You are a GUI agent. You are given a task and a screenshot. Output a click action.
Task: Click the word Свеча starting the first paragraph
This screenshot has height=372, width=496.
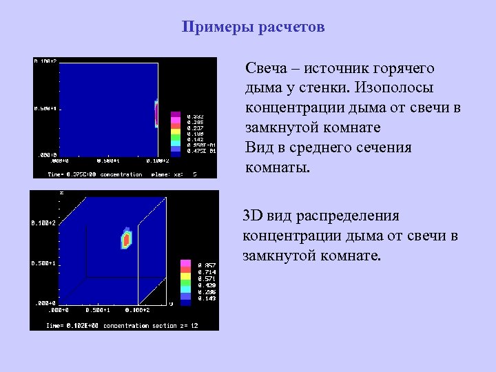tap(266, 69)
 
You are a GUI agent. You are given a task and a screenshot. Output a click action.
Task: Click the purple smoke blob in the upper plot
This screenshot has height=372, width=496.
tap(156, 113)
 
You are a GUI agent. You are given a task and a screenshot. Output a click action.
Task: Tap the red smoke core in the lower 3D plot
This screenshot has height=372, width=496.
tap(126, 239)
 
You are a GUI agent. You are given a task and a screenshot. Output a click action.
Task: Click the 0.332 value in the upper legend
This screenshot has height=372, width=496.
tap(196, 115)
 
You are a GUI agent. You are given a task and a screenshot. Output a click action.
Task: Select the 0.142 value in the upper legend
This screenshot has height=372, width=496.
tap(196, 138)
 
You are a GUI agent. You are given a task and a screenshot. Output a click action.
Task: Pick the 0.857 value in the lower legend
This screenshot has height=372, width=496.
tap(206, 265)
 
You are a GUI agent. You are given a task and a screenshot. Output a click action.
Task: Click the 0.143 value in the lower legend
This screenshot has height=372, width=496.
tap(206, 298)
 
